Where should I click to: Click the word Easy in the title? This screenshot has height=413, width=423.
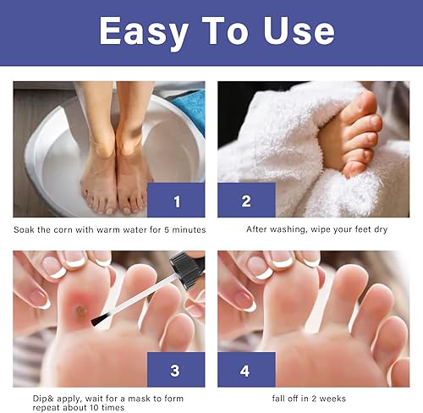[146, 32]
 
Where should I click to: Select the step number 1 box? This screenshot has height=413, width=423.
[176, 200]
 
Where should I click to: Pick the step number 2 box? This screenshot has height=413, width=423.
[246, 200]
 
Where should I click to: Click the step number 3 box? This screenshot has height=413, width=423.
[176, 370]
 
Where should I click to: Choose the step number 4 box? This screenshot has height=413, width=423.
[246, 370]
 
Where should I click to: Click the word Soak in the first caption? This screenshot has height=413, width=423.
[24, 229]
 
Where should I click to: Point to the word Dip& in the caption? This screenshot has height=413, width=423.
[26, 398]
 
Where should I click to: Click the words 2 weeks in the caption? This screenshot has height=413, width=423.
[329, 398]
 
